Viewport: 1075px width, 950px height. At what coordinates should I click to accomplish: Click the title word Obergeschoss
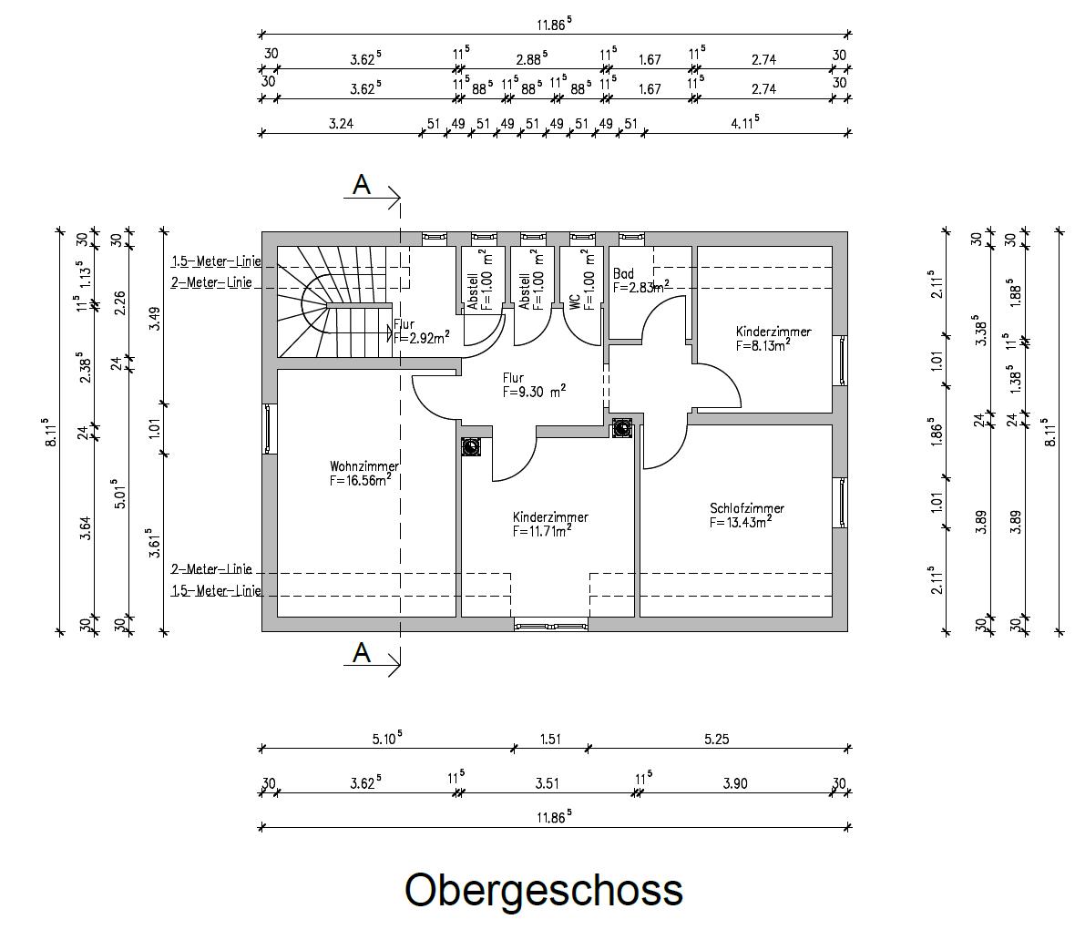543,890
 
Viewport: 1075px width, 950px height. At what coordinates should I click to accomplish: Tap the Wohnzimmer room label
363,466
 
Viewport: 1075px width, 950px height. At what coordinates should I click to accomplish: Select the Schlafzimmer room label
746,508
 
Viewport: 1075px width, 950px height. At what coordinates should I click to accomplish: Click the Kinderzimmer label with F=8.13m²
773,332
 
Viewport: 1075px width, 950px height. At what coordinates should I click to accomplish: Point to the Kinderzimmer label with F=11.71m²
549,517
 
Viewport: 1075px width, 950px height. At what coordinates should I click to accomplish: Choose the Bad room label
623,273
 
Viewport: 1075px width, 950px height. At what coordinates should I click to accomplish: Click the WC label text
575,301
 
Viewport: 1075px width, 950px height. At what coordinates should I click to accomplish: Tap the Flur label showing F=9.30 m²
513,377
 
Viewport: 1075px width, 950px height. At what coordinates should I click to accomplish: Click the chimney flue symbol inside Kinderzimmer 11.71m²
471,446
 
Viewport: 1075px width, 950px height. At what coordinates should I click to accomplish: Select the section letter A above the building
362,185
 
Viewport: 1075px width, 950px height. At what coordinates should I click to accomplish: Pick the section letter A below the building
362,653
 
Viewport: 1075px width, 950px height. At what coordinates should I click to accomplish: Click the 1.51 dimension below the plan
550,739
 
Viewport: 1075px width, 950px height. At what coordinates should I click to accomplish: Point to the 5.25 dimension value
716,739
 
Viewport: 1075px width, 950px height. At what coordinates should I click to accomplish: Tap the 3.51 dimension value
547,783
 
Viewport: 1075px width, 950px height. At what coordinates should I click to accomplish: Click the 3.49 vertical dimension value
155,318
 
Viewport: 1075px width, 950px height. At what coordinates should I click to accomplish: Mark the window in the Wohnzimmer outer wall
268,429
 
